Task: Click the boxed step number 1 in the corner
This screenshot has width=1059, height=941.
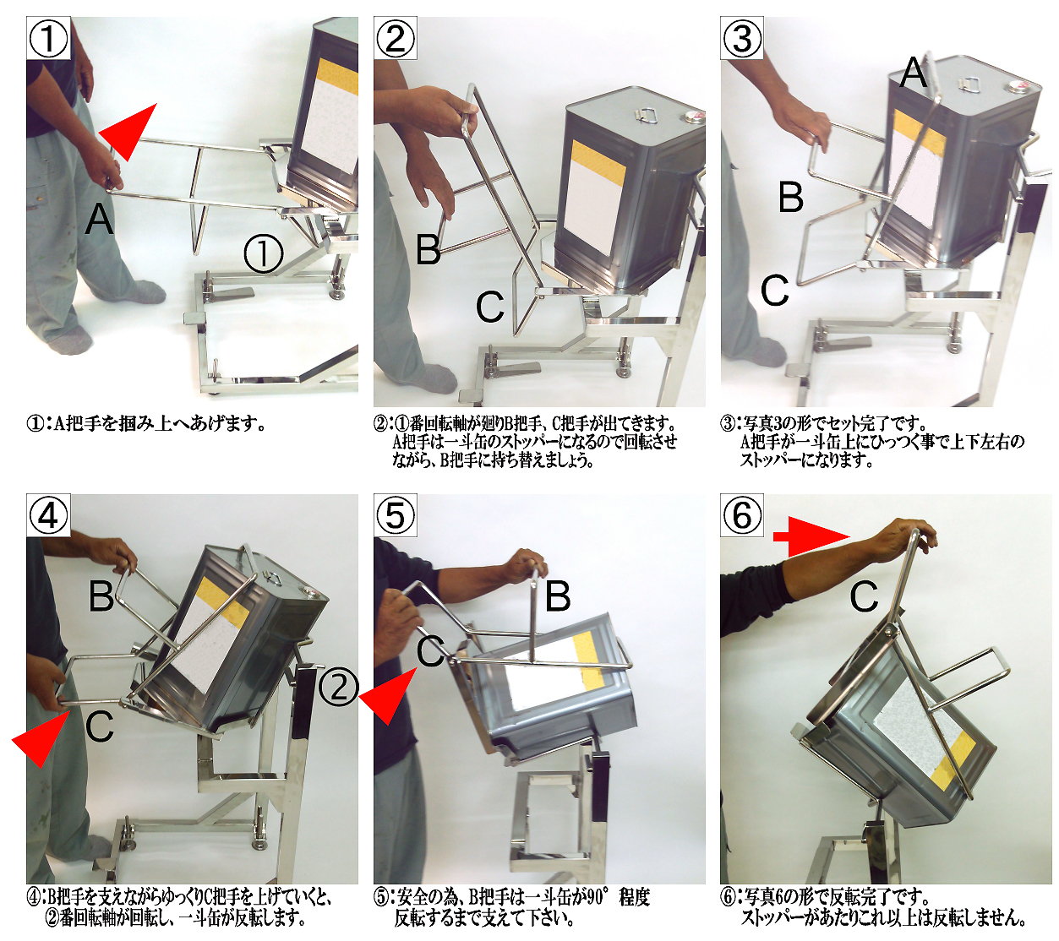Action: (x=49, y=38)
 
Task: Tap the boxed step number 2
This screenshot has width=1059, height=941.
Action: (x=396, y=38)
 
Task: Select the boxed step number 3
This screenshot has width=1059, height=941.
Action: (x=742, y=38)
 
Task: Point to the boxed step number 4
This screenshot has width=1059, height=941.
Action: (x=49, y=515)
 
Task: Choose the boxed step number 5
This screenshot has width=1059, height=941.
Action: (x=396, y=515)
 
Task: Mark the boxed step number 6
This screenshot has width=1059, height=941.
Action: (x=742, y=515)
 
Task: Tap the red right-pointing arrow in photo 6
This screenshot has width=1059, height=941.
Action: (x=811, y=536)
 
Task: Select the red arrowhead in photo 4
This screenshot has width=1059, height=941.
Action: (x=41, y=737)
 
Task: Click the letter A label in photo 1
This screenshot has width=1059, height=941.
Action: (x=100, y=219)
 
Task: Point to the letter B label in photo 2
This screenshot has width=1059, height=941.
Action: (x=429, y=248)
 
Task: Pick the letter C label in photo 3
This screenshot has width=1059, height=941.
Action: (x=775, y=291)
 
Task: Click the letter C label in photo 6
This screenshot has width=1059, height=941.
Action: (x=864, y=596)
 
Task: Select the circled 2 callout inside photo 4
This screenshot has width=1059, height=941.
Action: (x=339, y=688)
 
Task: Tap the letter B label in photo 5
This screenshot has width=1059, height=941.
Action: (x=558, y=596)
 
